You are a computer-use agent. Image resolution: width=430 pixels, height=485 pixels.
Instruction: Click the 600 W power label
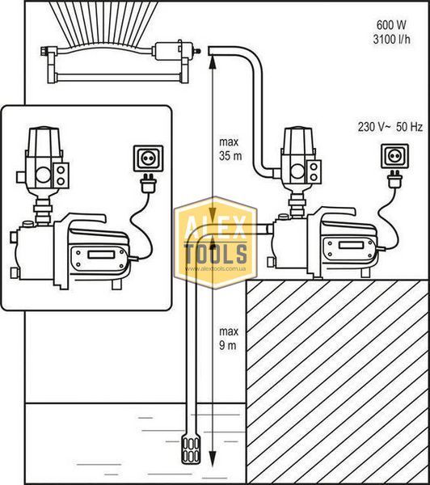[x=391, y=25]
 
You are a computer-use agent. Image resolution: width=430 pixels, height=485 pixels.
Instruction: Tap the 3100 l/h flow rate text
[x=392, y=40]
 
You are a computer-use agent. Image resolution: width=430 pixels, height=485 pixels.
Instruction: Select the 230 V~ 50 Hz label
[x=390, y=127]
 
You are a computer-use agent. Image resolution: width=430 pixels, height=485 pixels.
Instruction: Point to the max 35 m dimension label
[x=230, y=149]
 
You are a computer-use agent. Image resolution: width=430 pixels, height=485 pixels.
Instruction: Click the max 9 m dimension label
[x=229, y=339]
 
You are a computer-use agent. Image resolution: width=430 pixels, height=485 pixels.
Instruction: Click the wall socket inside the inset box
[x=148, y=158]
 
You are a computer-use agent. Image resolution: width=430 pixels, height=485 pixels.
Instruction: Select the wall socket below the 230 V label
[x=394, y=156]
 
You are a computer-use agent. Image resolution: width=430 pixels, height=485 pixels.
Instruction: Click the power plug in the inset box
[x=148, y=183]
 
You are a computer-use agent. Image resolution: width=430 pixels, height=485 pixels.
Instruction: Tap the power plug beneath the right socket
[x=395, y=179]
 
